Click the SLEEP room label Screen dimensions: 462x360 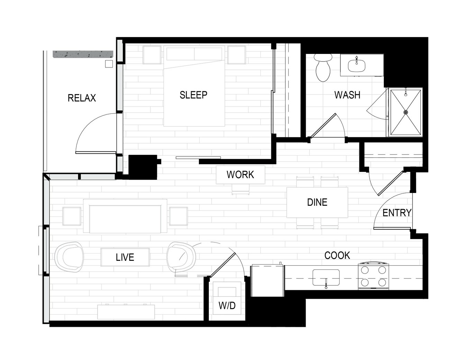click(193, 95)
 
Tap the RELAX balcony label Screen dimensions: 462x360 click(82, 98)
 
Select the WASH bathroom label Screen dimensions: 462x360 click(347, 95)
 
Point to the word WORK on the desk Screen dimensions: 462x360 click(240, 175)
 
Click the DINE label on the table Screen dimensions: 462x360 click(317, 202)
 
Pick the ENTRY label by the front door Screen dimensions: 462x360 click(397, 213)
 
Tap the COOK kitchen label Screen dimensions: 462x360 click(337, 256)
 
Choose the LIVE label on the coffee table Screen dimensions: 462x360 click(125, 257)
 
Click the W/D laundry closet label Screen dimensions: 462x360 click(227, 306)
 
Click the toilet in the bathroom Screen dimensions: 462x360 click(323, 67)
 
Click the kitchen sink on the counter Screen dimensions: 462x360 click(326, 278)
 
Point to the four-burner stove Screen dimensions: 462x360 click(373, 276)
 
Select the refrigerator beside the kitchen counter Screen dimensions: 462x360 click(268, 280)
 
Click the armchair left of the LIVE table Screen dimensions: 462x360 click(69, 257)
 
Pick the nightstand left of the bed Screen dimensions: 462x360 click(152, 55)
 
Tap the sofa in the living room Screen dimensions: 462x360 click(125, 216)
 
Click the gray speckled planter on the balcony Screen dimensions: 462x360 click(83, 54)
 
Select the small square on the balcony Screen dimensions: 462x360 click(109, 64)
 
